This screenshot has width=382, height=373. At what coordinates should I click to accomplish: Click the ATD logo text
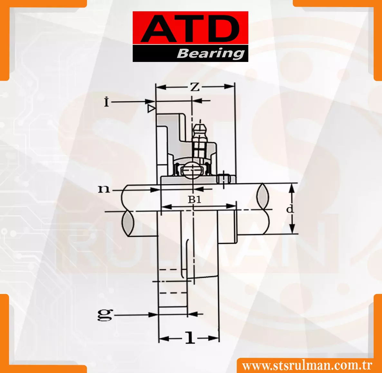pos(190,29)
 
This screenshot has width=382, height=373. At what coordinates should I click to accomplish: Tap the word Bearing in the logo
pos(211,54)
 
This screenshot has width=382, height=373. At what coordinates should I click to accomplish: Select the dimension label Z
pos(195,87)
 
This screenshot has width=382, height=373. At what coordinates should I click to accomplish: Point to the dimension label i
pos(106,102)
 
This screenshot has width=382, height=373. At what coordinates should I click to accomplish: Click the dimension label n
pos(103,189)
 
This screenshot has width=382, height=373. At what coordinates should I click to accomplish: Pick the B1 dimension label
pos(195,200)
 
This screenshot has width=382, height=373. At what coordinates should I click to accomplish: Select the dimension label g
pos(105,315)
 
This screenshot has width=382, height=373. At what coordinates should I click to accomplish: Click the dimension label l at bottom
pos(190,338)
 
